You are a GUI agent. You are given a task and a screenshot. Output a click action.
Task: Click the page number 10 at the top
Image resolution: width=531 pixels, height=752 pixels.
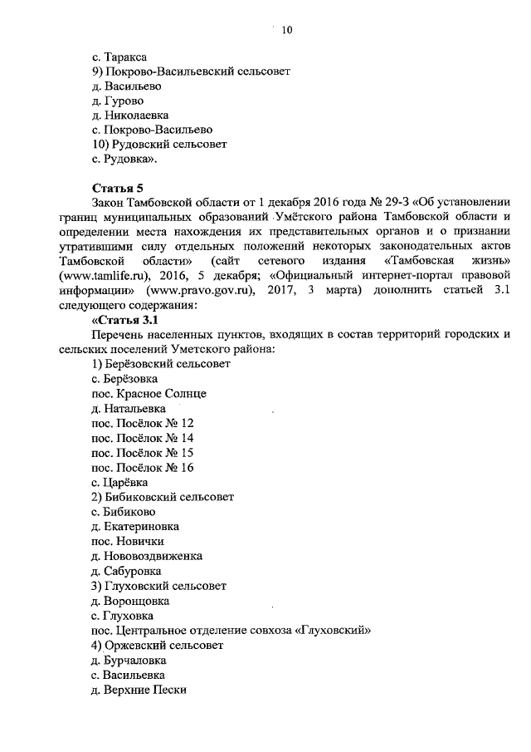[287, 31]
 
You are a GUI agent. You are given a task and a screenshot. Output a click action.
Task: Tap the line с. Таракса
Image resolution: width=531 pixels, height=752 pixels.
[119, 57]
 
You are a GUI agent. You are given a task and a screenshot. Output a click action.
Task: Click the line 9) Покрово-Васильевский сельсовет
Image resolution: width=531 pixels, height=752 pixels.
[190, 71]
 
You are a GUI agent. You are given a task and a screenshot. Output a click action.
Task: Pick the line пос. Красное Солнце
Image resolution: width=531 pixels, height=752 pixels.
[149, 393]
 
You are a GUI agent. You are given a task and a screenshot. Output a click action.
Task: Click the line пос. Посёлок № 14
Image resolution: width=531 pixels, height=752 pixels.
[143, 437]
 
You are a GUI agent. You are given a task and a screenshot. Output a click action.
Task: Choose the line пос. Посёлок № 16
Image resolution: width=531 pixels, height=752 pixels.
[143, 467]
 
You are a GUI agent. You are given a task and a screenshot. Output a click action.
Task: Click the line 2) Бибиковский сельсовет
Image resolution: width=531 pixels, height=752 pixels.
[163, 497]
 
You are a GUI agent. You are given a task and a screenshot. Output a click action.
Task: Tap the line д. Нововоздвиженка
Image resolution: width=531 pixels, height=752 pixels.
[147, 556]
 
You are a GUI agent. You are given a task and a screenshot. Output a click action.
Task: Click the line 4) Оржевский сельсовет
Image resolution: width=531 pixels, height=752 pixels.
[158, 645]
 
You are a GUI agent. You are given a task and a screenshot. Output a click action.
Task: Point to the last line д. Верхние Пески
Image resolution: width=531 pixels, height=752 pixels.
[139, 690]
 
